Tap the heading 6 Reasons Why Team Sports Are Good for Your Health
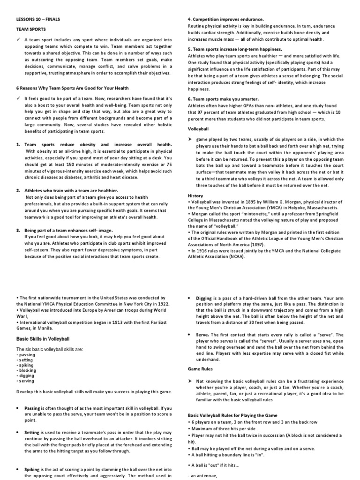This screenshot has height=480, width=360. [72, 88]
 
